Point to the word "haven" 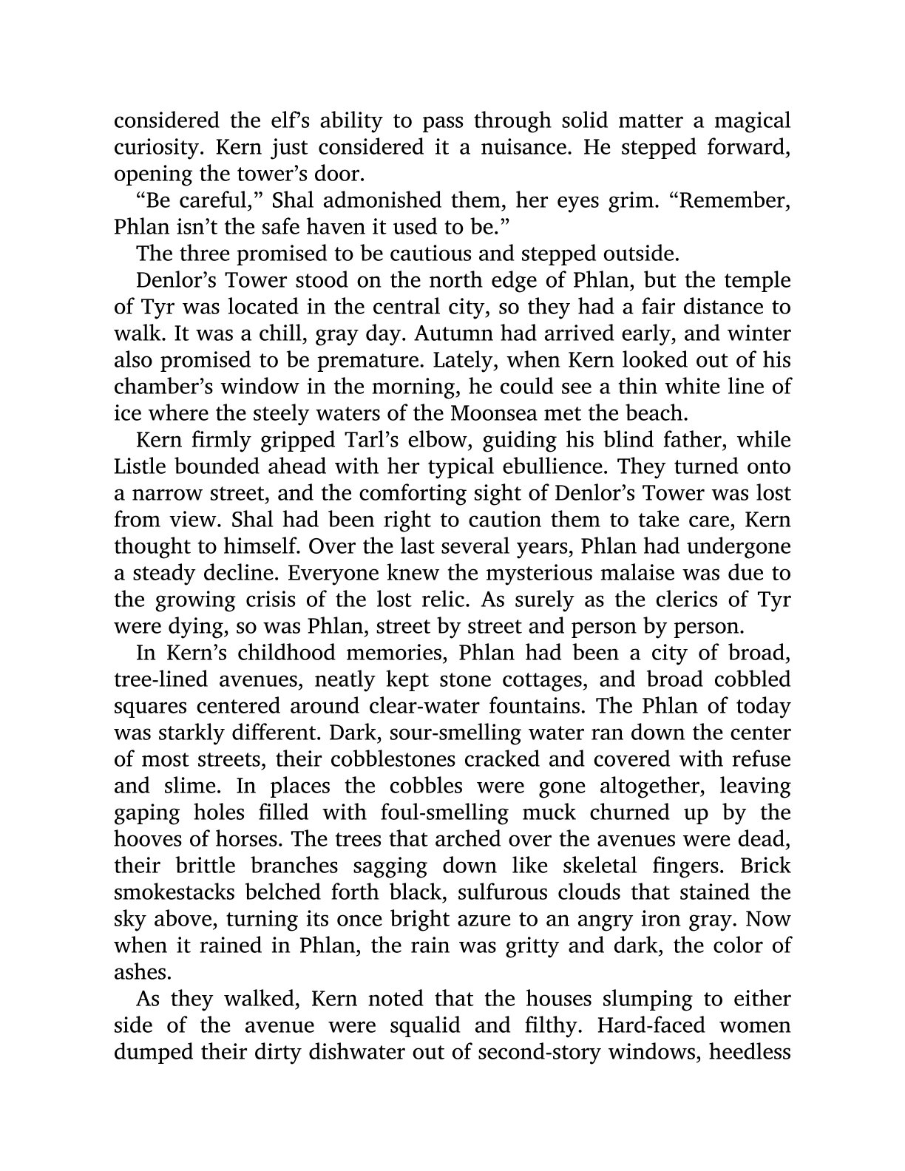point(336,227)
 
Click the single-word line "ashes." point(138,972)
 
